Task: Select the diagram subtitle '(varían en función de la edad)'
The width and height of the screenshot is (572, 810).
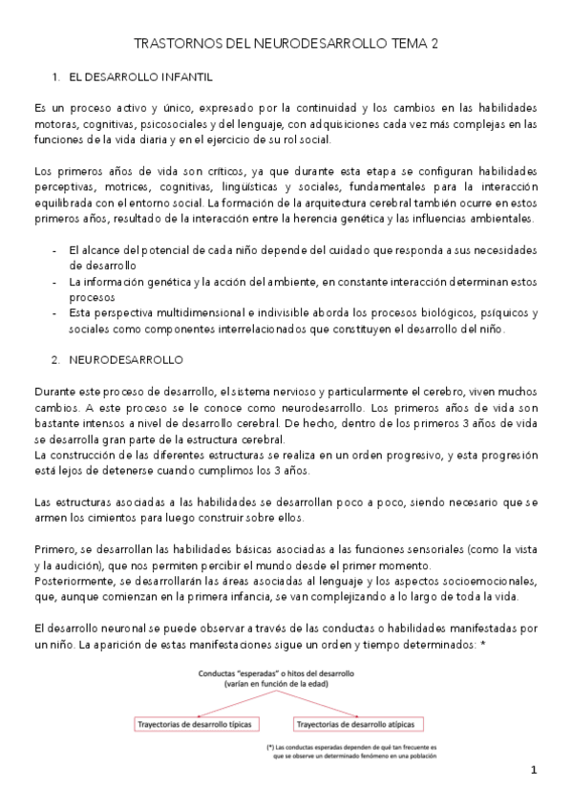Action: [x=275, y=685]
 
